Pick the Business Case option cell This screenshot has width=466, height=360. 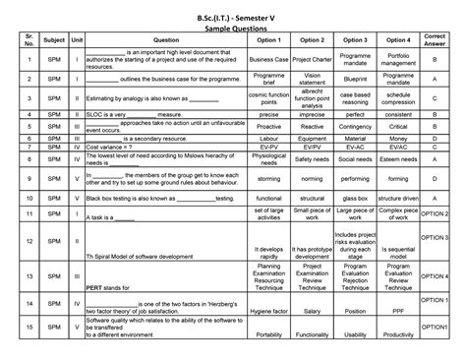click(269, 60)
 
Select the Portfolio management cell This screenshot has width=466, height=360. click(398, 60)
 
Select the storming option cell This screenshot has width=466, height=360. click(269, 180)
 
